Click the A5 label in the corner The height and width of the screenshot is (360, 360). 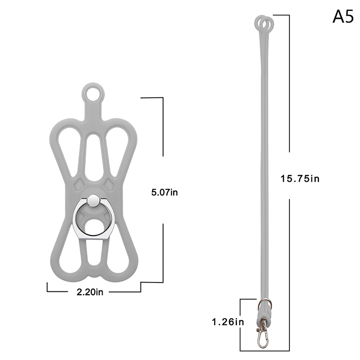[343, 17]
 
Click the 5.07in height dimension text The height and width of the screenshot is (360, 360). [164, 193]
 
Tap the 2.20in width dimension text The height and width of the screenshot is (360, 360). [90, 292]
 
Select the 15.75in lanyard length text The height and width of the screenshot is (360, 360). [300, 179]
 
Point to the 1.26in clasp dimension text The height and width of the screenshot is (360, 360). [228, 322]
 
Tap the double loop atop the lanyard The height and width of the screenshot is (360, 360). [264, 23]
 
